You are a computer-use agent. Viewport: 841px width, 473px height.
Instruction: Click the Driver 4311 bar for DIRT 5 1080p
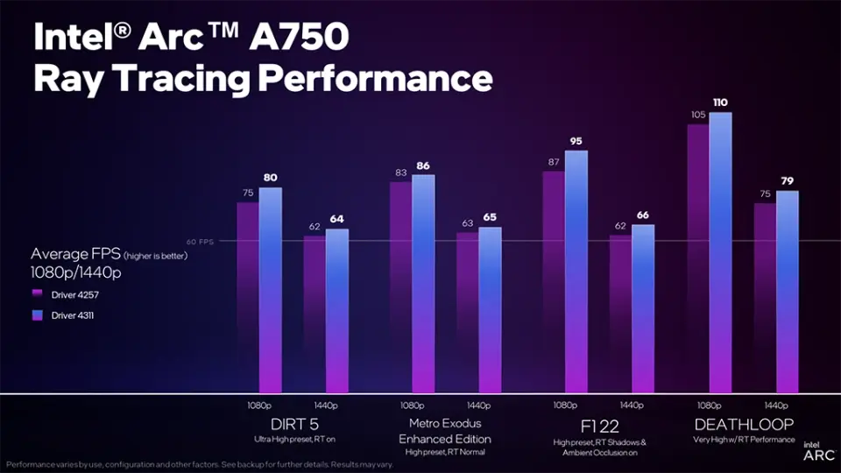(x=271, y=289)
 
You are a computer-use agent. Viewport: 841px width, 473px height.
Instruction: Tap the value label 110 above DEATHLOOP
(x=720, y=102)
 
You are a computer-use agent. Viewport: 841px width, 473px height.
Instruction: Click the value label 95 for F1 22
(x=576, y=141)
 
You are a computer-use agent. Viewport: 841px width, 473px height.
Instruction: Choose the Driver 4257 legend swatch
(x=37, y=294)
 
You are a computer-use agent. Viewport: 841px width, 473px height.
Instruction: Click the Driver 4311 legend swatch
(x=37, y=315)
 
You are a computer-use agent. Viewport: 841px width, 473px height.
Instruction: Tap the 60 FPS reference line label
(x=200, y=241)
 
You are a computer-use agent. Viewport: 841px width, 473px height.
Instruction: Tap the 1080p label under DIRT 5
(x=259, y=406)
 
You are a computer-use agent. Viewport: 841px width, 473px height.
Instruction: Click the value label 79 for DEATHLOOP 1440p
(x=788, y=181)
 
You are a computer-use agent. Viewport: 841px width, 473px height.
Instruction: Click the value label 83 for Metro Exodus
(x=399, y=173)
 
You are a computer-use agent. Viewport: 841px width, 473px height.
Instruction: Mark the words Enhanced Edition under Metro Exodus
(x=445, y=439)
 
